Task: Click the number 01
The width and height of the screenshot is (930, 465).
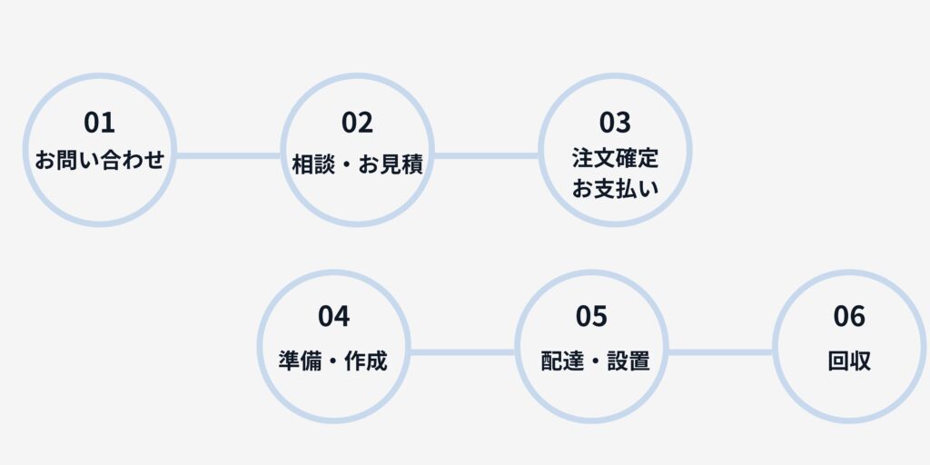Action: pyautogui.click(x=100, y=122)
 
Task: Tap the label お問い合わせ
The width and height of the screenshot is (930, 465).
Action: pyautogui.click(x=100, y=162)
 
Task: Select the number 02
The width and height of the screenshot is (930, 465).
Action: pyautogui.click(x=358, y=122)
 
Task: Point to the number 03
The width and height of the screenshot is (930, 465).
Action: pyautogui.click(x=615, y=122)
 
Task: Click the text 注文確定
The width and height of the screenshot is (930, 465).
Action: pyautogui.click(x=615, y=158)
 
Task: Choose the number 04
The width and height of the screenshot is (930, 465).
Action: pyautogui.click(x=334, y=316)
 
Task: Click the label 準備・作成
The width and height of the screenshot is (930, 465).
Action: pyautogui.click(x=333, y=361)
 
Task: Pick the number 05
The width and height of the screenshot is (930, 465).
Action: pyautogui.click(x=591, y=316)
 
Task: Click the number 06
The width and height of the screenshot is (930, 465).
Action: pyautogui.click(x=849, y=316)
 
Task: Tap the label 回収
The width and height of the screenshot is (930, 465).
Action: pyautogui.click(x=849, y=361)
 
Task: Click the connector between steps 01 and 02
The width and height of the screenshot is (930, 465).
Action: pyautogui.click(x=229, y=155)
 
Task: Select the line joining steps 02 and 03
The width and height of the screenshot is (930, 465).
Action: pyautogui.click(x=486, y=155)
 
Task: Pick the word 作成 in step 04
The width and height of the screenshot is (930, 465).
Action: pyautogui.click(x=366, y=361)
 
